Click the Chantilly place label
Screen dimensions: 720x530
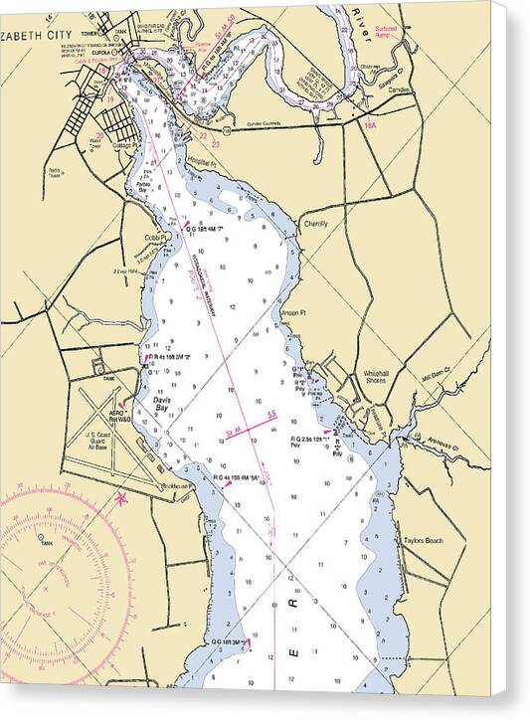(316, 224)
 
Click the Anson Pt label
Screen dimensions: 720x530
(293, 313)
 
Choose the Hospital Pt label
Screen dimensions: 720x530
(200, 162)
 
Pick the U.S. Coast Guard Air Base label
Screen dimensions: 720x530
(102, 441)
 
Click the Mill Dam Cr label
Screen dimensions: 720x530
(436, 374)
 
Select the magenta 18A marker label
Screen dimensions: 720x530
(372, 125)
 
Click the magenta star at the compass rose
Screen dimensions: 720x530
(121, 497)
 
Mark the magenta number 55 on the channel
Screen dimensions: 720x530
(270, 414)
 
